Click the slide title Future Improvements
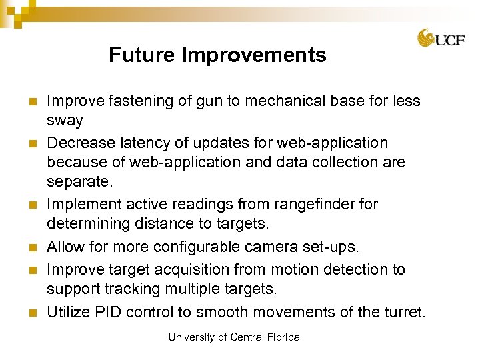[217, 55]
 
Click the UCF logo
[441, 39]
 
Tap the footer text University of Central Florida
[233, 337]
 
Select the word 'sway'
[65, 121]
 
